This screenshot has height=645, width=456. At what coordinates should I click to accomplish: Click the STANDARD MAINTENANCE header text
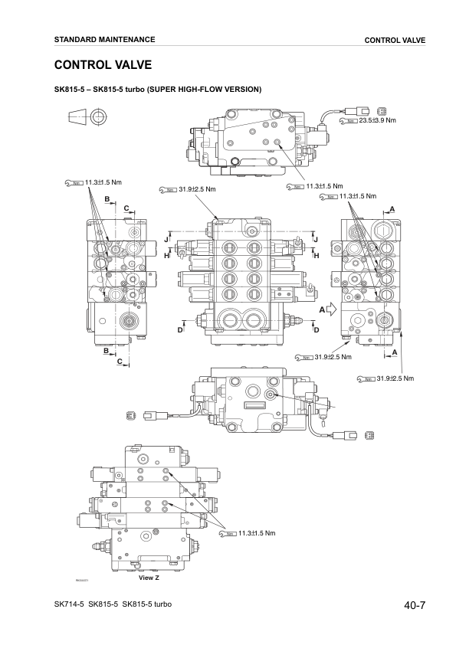tap(104, 39)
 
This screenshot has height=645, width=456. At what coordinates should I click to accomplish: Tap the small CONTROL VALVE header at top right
tap(395, 40)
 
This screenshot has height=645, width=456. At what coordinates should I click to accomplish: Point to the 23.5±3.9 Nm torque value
tap(377, 120)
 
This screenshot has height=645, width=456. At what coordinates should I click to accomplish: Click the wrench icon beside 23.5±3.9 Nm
tap(349, 121)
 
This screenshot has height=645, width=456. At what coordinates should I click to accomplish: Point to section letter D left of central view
tap(180, 329)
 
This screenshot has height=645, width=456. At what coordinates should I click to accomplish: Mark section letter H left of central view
tap(166, 256)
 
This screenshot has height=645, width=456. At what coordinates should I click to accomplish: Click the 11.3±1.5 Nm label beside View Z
tap(256, 533)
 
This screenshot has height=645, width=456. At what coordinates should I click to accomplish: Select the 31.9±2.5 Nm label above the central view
tap(197, 189)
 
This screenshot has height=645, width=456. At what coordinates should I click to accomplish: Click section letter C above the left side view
tap(126, 208)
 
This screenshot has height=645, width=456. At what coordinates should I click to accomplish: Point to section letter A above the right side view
tap(392, 209)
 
